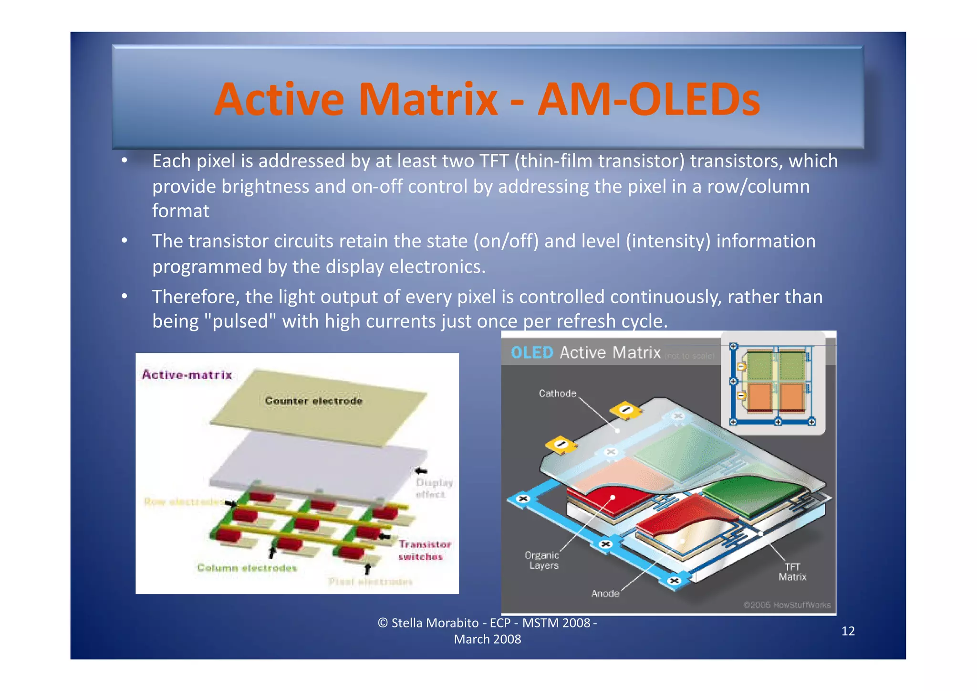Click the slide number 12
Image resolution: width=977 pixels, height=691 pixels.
[848, 631]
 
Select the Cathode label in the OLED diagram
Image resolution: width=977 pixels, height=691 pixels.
[557, 393]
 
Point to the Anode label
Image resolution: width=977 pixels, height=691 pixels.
[605, 594]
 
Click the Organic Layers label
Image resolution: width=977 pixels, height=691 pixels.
[542, 560]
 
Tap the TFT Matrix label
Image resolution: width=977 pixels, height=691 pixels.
[792, 572]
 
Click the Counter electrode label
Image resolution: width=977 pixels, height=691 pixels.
[313, 401]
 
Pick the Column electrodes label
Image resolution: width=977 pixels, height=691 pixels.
[247, 568]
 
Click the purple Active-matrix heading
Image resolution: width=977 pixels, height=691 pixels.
[187, 375]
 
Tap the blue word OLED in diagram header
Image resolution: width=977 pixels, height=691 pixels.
[531, 353]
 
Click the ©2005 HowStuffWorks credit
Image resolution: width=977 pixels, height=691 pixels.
[787, 605]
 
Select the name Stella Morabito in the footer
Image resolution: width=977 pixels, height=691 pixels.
[435, 623]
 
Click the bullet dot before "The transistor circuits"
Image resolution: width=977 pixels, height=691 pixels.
[124, 241]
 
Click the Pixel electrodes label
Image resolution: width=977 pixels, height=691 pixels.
[370, 582]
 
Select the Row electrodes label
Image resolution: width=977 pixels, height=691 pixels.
[183, 502]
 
